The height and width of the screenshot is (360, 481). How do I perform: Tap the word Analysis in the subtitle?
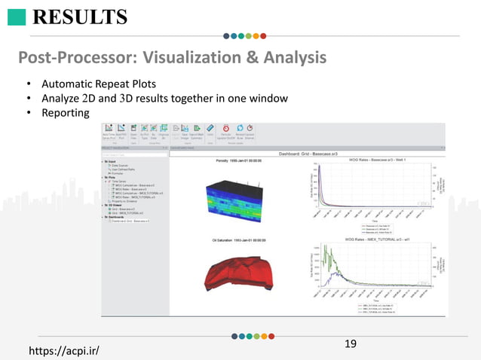(290, 57)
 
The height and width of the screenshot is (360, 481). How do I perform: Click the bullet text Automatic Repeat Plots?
(104, 84)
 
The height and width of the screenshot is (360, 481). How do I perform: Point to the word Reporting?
(66, 113)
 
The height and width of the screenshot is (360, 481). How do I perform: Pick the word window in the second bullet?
(268, 99)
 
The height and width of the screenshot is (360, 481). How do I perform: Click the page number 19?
(350, 344)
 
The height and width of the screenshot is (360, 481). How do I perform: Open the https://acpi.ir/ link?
(63, 351)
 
